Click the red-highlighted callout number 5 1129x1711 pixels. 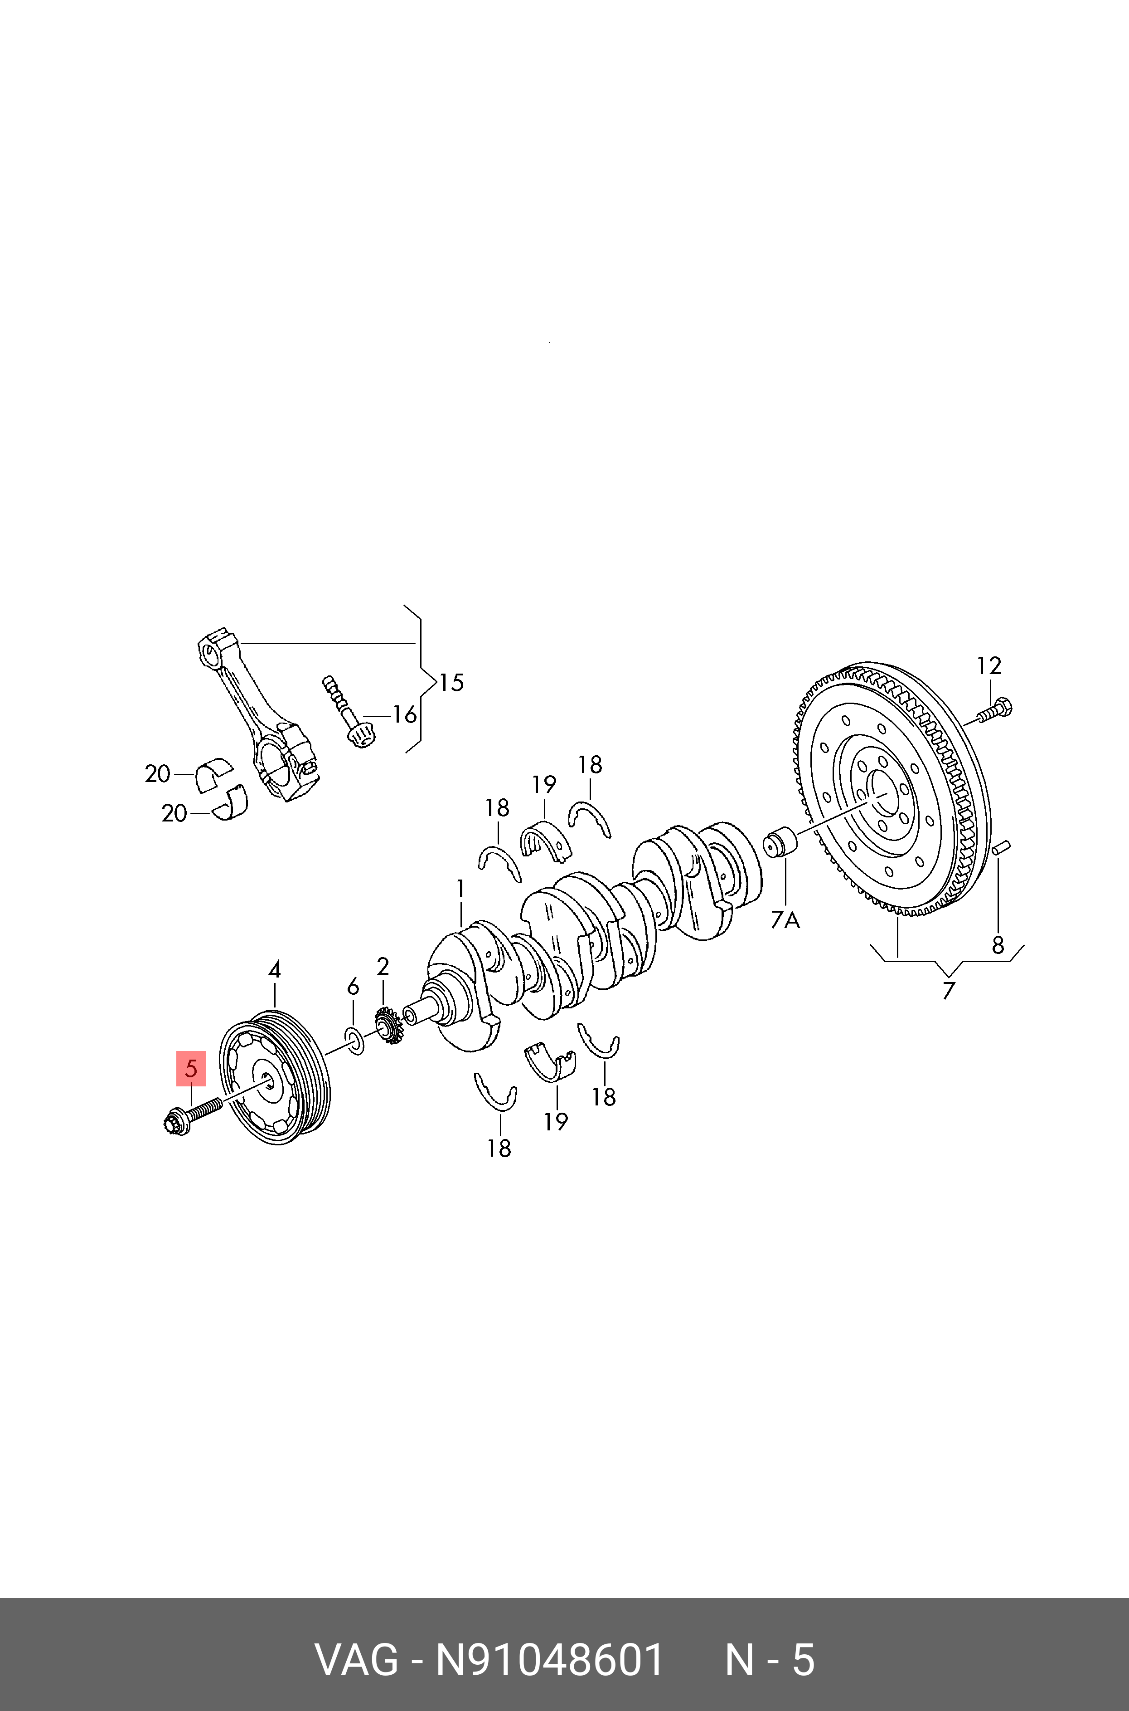point(191,1068)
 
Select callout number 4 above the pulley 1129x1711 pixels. point(274,970)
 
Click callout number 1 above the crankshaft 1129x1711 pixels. point(460,889)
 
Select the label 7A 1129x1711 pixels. point(785,920)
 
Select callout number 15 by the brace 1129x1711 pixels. point(451,682)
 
